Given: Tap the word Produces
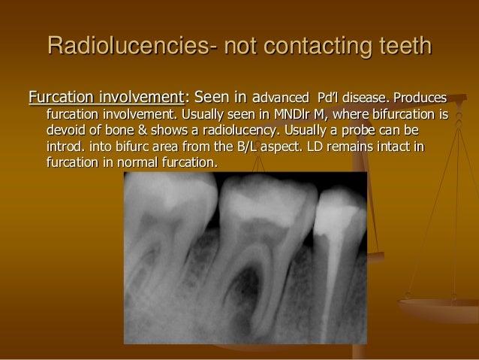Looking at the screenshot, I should pyautogui.click(x=422, y=98).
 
